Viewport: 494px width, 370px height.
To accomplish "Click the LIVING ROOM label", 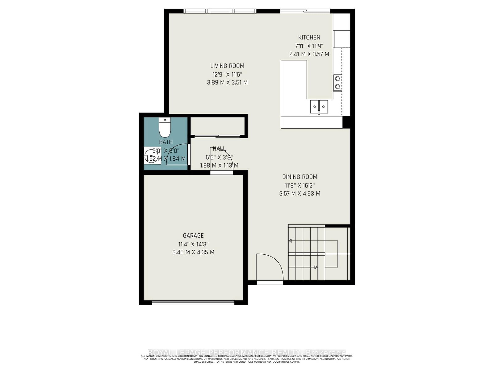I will click(227, 66).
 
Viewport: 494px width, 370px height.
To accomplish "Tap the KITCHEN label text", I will click(309, 37).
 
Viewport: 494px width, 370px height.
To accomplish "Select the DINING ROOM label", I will click(300, 177).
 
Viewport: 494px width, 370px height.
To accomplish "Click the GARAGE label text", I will click(193, 236).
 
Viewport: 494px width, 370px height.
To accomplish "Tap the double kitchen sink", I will click(319, 107).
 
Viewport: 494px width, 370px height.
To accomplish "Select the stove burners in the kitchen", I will click(338, 82).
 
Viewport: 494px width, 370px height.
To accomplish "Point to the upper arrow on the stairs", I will click(291, 240).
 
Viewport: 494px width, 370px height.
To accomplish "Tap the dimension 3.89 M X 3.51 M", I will click(227, 83).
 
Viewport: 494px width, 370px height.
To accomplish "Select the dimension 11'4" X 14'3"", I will click(193, 244).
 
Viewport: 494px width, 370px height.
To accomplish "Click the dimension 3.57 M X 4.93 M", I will click(300, 194).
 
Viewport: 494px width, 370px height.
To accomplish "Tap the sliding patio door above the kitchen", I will click(305, 11).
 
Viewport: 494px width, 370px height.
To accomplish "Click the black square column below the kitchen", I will click(346, 122).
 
